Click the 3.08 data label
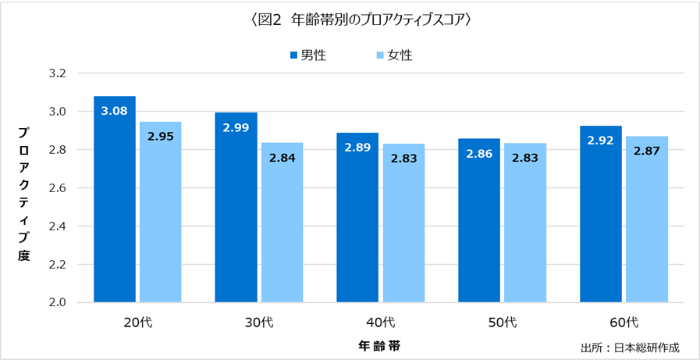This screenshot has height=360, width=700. tap(115, 111)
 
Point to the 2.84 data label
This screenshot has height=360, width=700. tap(282, 158)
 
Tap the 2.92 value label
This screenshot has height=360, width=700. tap(601, 141)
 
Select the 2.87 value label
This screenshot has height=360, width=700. tap(647, 151)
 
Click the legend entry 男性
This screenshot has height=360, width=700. tap(307, 55)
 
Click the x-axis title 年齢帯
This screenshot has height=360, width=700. tap(380, 344)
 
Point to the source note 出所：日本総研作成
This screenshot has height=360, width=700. tap(630, 348)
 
